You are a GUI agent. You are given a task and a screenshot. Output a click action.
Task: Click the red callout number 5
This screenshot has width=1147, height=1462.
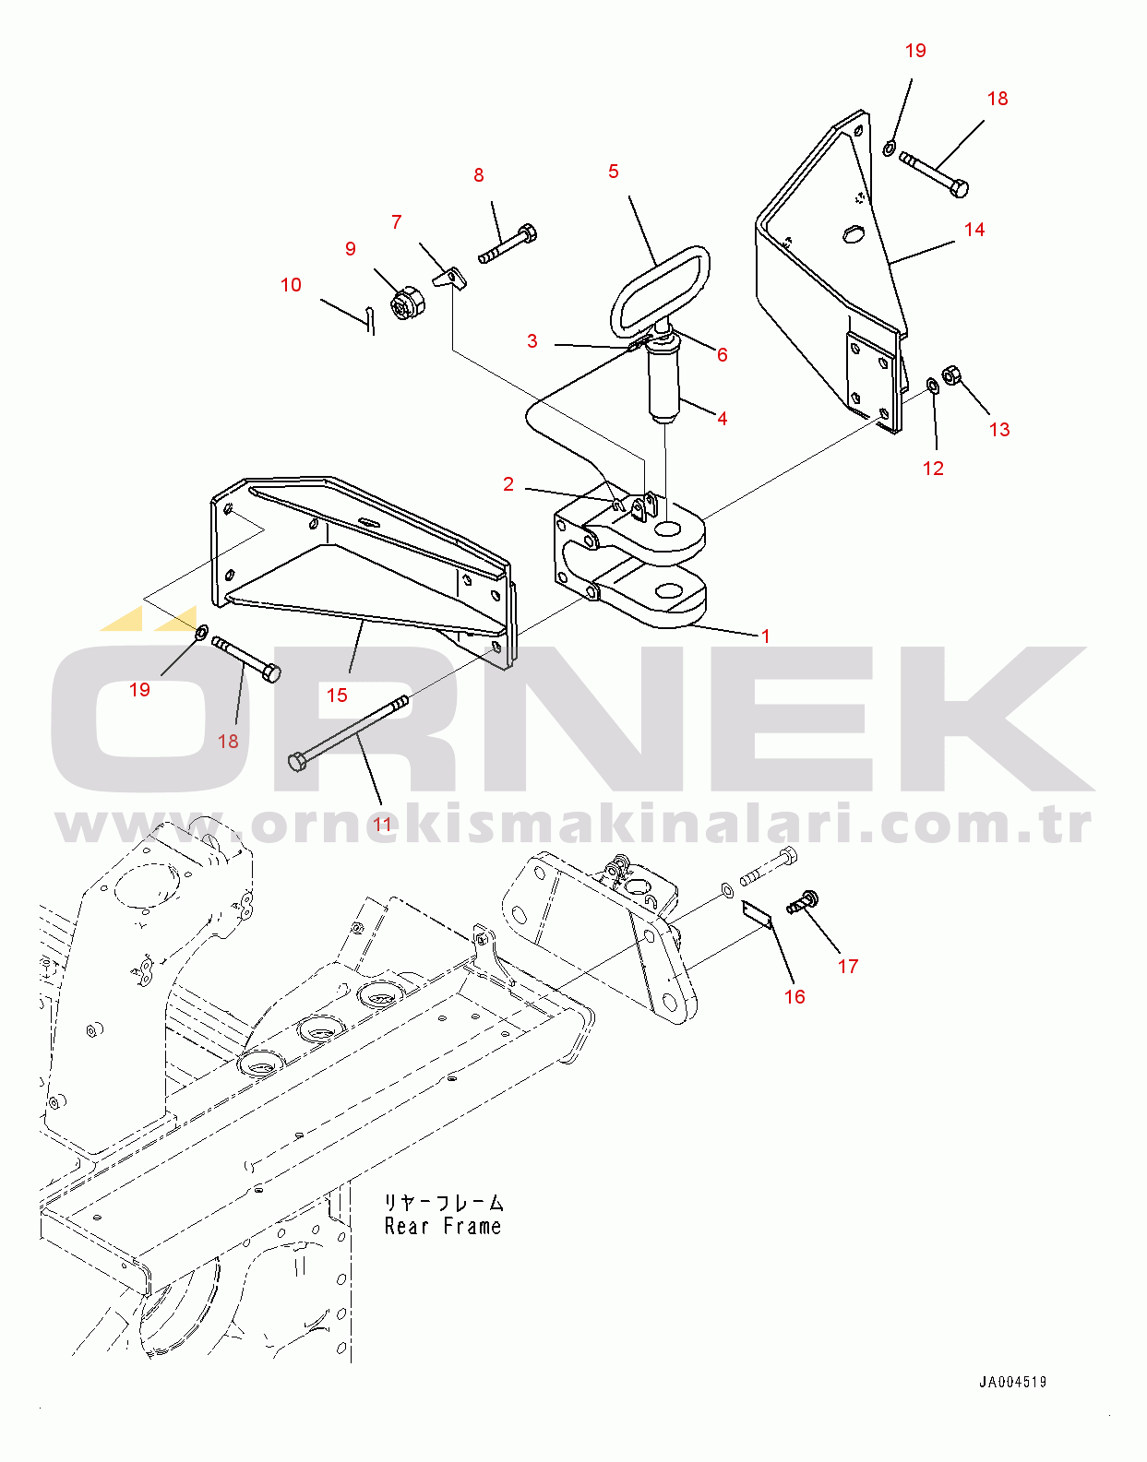pyautogui.click(x=613, y=172)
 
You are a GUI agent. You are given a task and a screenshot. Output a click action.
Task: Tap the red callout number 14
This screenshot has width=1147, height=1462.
pyautogui.click(x=974, y=230)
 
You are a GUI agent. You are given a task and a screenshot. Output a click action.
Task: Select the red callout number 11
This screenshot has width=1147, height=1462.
pyautogui.click(x=382, y=825)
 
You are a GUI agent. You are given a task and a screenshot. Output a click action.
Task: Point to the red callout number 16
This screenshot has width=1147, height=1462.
pyautogui.click(x=795, y=996)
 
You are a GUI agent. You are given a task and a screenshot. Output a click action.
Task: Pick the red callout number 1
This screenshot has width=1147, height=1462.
pyautogui.click(x=765, y=636)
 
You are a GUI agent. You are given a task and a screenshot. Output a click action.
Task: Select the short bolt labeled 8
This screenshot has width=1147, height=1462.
pyautogui.click(x=508, y=244)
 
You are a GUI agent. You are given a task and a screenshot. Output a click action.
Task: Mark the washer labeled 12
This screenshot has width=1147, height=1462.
pyautogui.click(x=933, y=385)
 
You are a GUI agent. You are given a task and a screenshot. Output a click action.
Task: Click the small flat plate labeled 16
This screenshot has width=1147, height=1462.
pyautogui.click(x=756, y=914)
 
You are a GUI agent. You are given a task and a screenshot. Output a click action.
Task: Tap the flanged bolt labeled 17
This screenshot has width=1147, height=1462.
pyautogui.click(x=802, y=901)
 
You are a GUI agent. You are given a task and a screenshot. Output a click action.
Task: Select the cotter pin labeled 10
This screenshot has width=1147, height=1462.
pyautogui.click(x=369, y=319)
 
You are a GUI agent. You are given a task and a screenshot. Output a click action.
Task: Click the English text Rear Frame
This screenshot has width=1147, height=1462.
pyautogui.click(x=442, y=1226)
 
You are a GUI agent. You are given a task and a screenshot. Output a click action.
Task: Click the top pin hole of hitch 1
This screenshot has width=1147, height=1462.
pyautogui.click(x=668, y=528)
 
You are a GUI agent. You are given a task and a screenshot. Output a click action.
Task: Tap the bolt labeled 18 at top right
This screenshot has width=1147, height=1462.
pyautogui.click(x=934, y=173)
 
